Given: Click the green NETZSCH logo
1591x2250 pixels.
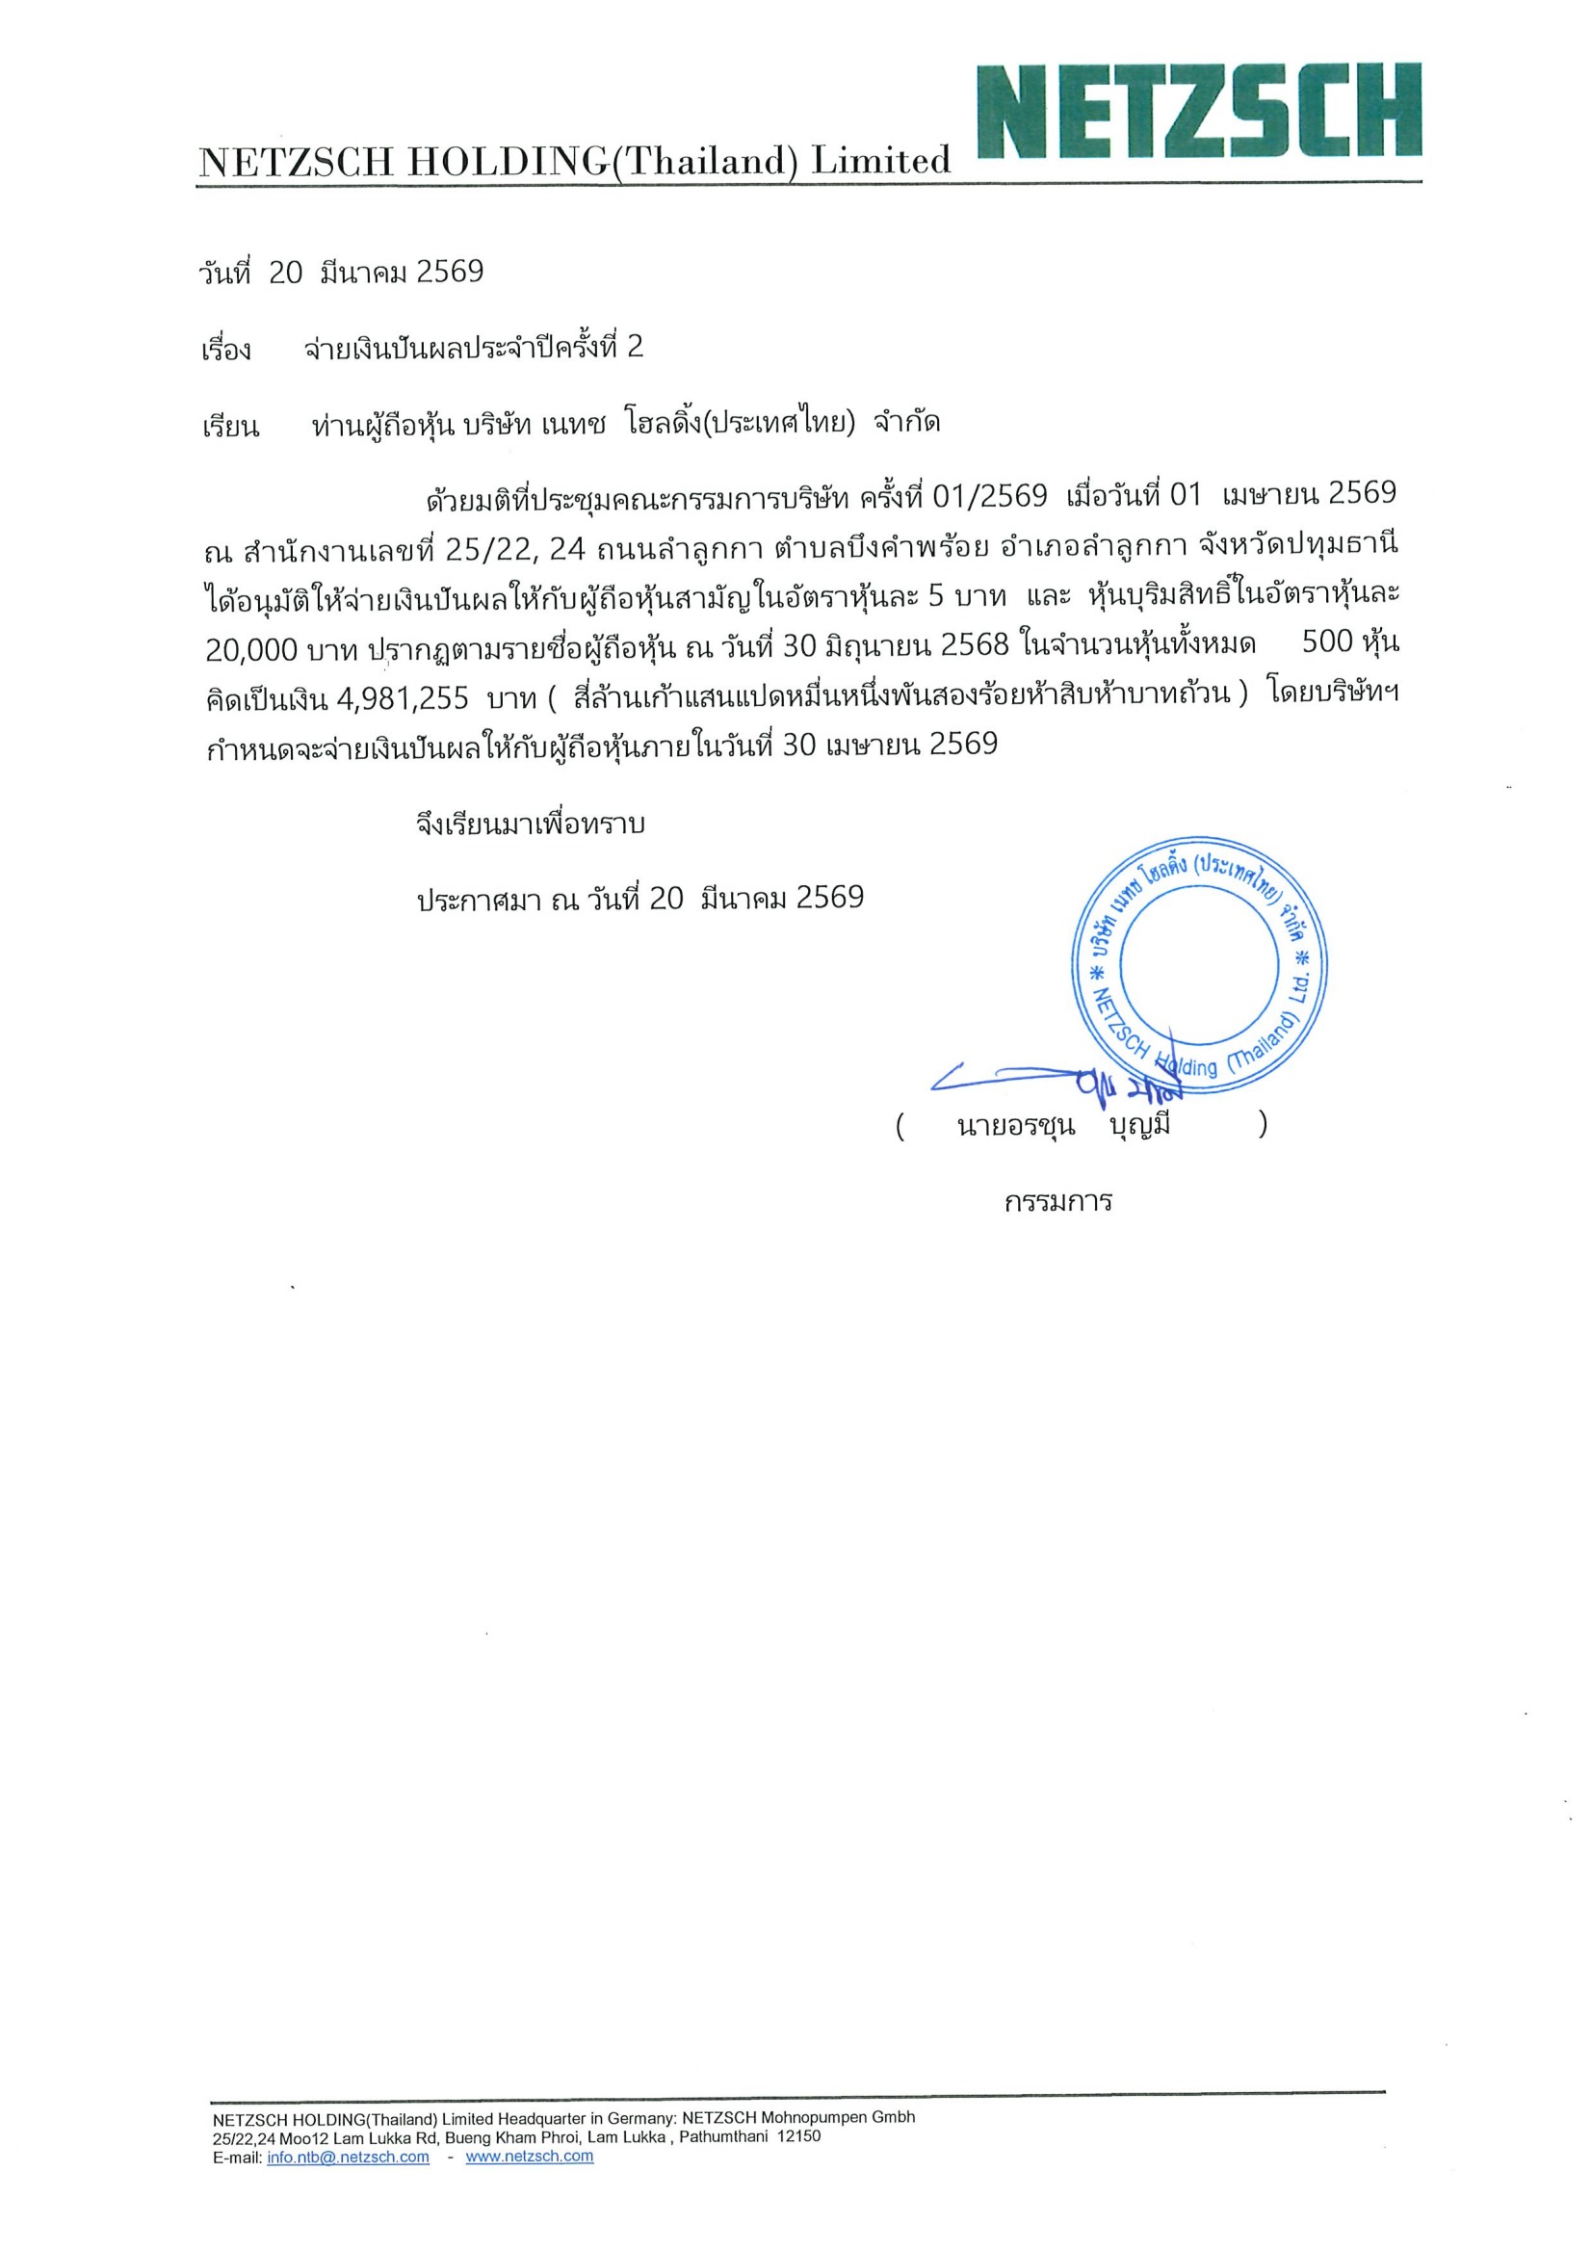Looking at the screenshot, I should tap(1198, 111).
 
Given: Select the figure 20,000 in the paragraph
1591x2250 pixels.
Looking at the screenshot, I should tap(250, 649).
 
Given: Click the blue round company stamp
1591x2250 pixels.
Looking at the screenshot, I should tap(1199, 965).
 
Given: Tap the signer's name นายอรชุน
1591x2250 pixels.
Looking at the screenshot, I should tap(1015, 1126).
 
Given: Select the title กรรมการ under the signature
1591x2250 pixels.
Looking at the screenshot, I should tap(1058, 1201).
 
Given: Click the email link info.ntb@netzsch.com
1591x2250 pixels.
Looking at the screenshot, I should tap(348, 2185).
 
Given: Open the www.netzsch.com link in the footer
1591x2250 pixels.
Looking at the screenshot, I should tap(529, 2185).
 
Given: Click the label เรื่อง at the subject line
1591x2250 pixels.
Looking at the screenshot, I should tap(226, 350).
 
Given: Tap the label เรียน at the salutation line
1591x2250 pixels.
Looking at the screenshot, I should tap(230, 427).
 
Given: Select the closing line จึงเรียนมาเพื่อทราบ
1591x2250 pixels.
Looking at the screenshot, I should tap(530, 824).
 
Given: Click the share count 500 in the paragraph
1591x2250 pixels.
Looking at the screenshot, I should tap(1326, 642).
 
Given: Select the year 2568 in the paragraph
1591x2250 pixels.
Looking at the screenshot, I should tap(975, 644).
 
